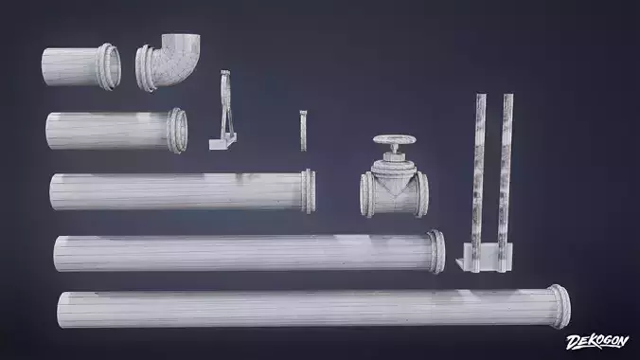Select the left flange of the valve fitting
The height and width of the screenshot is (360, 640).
pos(366,195)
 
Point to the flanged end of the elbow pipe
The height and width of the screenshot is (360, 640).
pos(147,69)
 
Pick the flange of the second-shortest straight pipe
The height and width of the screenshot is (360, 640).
pos(178,130)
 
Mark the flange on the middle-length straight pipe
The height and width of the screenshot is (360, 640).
pos(308,190)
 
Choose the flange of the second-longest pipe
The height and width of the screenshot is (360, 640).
pos(436,252)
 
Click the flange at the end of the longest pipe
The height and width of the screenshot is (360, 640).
pos(560,306)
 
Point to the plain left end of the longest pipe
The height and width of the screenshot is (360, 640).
pos(62,310)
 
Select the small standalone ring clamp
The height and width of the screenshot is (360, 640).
pos(303,131)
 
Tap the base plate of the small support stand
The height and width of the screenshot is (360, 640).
pos(220,143)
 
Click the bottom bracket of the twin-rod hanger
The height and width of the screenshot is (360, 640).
pos(483,254)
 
